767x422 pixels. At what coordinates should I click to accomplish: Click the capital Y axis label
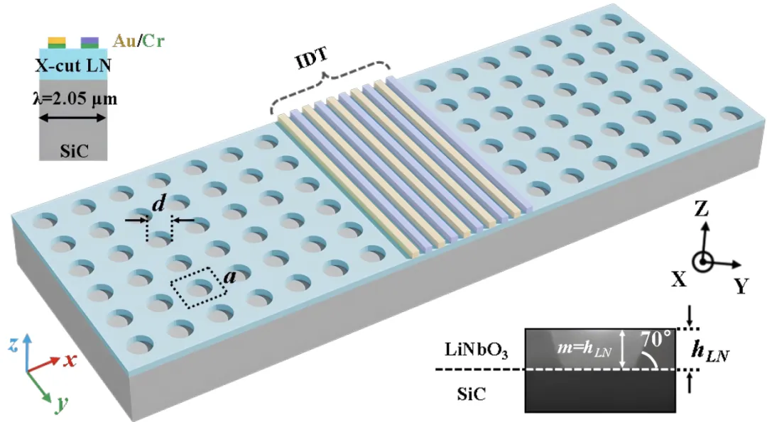point(741,286)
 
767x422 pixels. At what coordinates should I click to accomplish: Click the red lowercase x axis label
point(70,360)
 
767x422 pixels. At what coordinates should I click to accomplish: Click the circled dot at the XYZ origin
point(704,262)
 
